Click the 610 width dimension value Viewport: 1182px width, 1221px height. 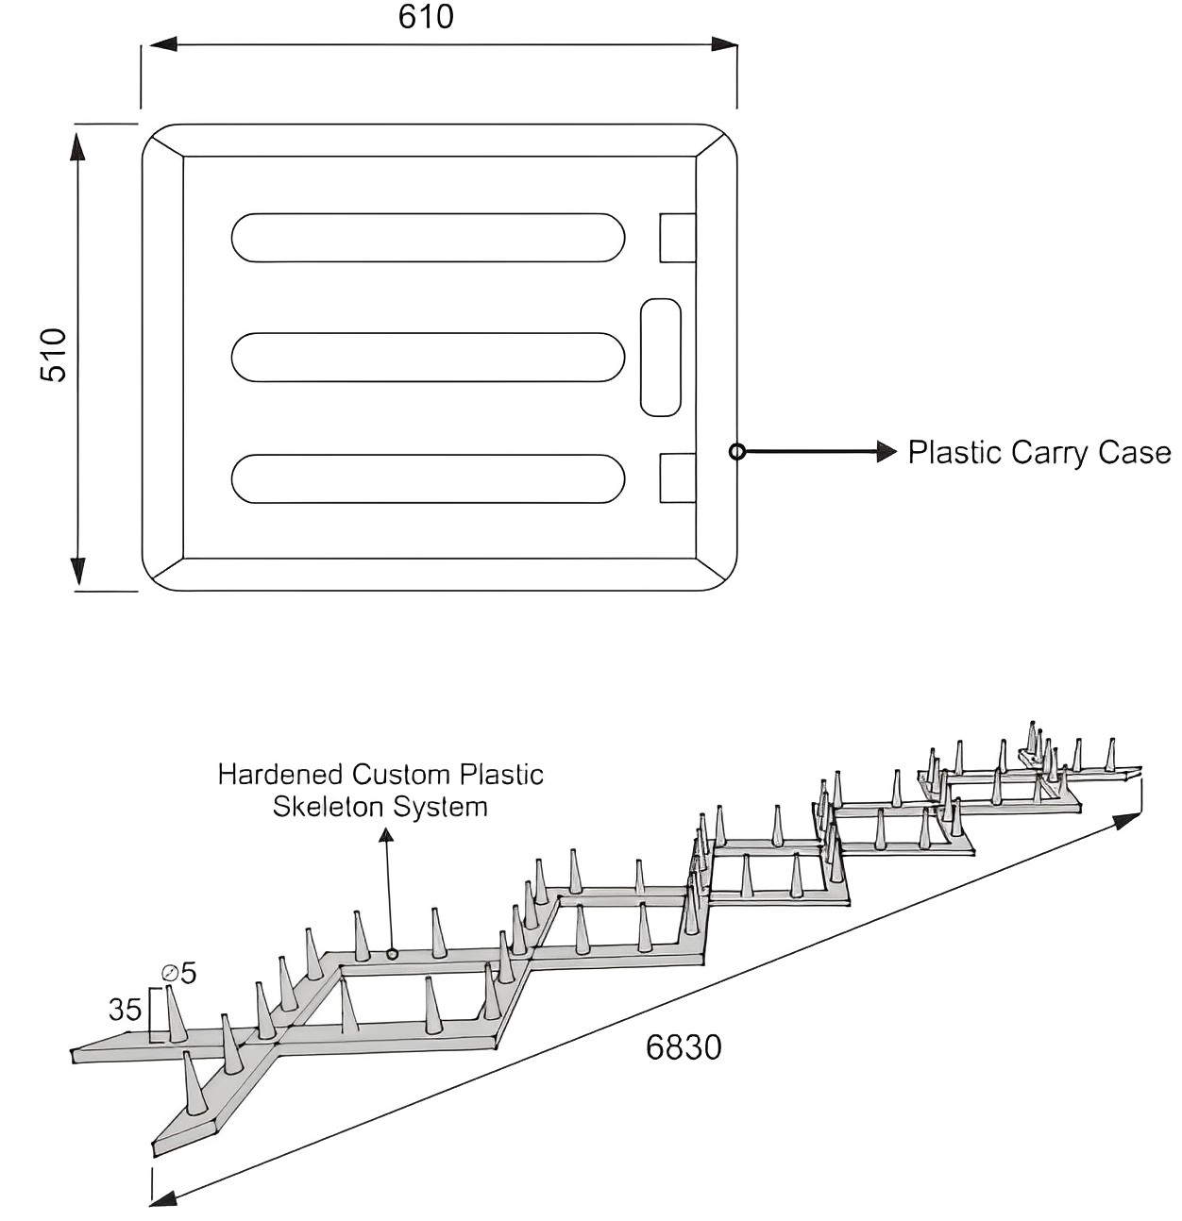pyautogui.click(x=426, y=17)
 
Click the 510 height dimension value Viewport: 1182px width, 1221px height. pyautogui.click(x=55, y=355)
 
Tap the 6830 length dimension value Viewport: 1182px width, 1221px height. pyautogui.click(x=684, y=1047)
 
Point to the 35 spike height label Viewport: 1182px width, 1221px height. pyautogui.click(x=125, y=1010)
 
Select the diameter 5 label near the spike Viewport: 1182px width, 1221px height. pyautogui.click(x=180, y=972)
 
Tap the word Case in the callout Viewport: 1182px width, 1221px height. pyautogui.click(x=1134, y=453)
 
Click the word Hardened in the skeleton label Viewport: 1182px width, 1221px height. pyautogui.click(x=280, y=775)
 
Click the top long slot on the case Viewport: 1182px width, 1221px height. pyautogui.click(x=428, y=238)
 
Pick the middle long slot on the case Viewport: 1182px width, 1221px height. pyautogui.click(x=428, y=357)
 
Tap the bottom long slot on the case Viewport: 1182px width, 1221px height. pyautogui.click(x=428, y=478)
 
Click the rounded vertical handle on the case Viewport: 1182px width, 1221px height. pyautogui.click(x=661, y=358)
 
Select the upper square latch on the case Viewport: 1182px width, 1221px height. pyautogui.click(x=677, y=238)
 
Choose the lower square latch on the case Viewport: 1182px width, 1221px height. pyautogui.click(x=677, y=477)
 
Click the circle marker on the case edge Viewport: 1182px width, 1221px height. pyautogui.click(x=737, y=452)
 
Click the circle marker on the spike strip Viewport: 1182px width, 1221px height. pyautogui.click(x=392, y=954)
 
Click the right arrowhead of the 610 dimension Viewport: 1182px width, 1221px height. pyautogui.click(x=724, y=44)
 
